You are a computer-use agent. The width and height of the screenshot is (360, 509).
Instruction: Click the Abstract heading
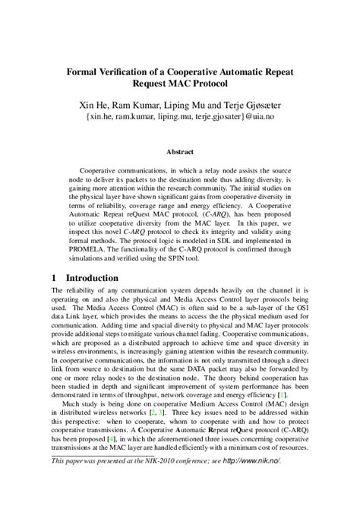click(179, 150)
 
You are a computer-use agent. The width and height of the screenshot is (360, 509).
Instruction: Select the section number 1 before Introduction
click(55, 277)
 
